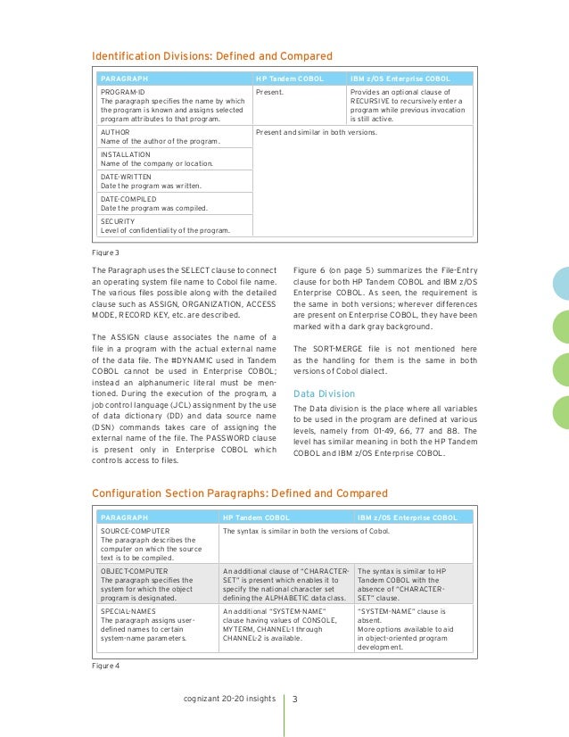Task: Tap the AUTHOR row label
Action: (115, 131)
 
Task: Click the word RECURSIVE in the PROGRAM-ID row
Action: (375, 101)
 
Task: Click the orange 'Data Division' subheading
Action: (323, 393)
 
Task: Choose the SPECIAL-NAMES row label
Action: (128, 611)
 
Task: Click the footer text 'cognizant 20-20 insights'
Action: (228, 699)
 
